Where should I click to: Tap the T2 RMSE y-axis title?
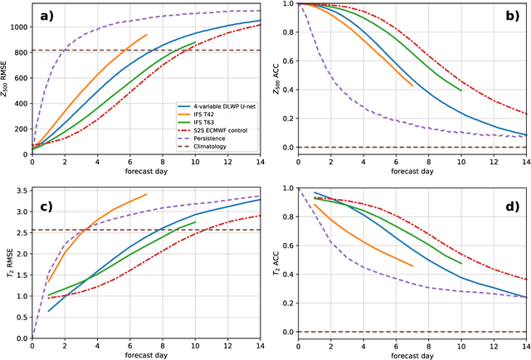tap(7, 269)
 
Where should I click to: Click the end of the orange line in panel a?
tap(146, 35)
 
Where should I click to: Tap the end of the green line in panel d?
tap(460, 263)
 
